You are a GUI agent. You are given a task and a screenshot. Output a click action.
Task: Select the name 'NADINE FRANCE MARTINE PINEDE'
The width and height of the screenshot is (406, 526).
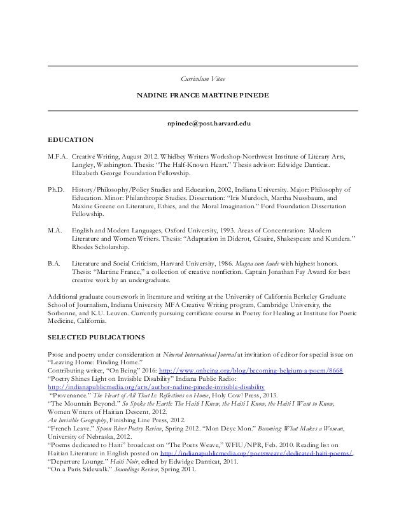tap(203, 96)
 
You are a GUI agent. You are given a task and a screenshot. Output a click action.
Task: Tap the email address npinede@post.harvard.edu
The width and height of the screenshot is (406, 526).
tap(203, 122)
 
